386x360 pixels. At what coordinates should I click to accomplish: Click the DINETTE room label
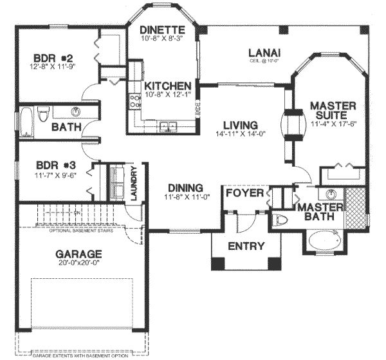point(164,30)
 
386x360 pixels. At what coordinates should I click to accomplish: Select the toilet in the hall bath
point(43,115)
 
